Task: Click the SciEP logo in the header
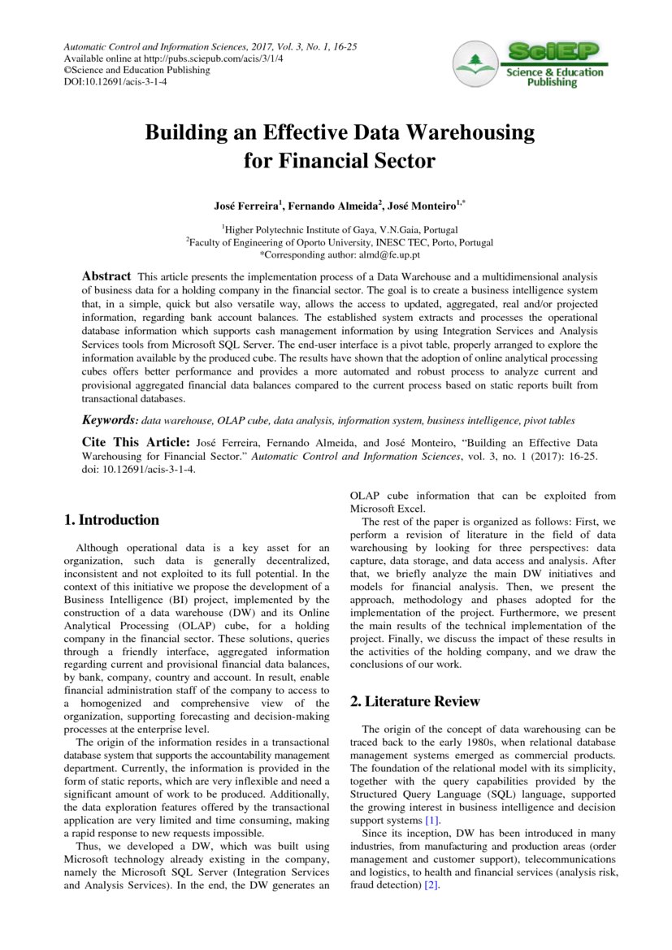(529, 65)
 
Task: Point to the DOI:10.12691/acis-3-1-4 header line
(115, 82)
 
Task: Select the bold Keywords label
(110, 420)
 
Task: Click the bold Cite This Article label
(135, 442)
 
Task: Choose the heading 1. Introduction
(111, 520)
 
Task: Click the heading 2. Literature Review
(414, 701)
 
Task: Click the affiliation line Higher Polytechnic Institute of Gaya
(340, 230)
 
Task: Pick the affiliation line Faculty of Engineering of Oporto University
(340, 242)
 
